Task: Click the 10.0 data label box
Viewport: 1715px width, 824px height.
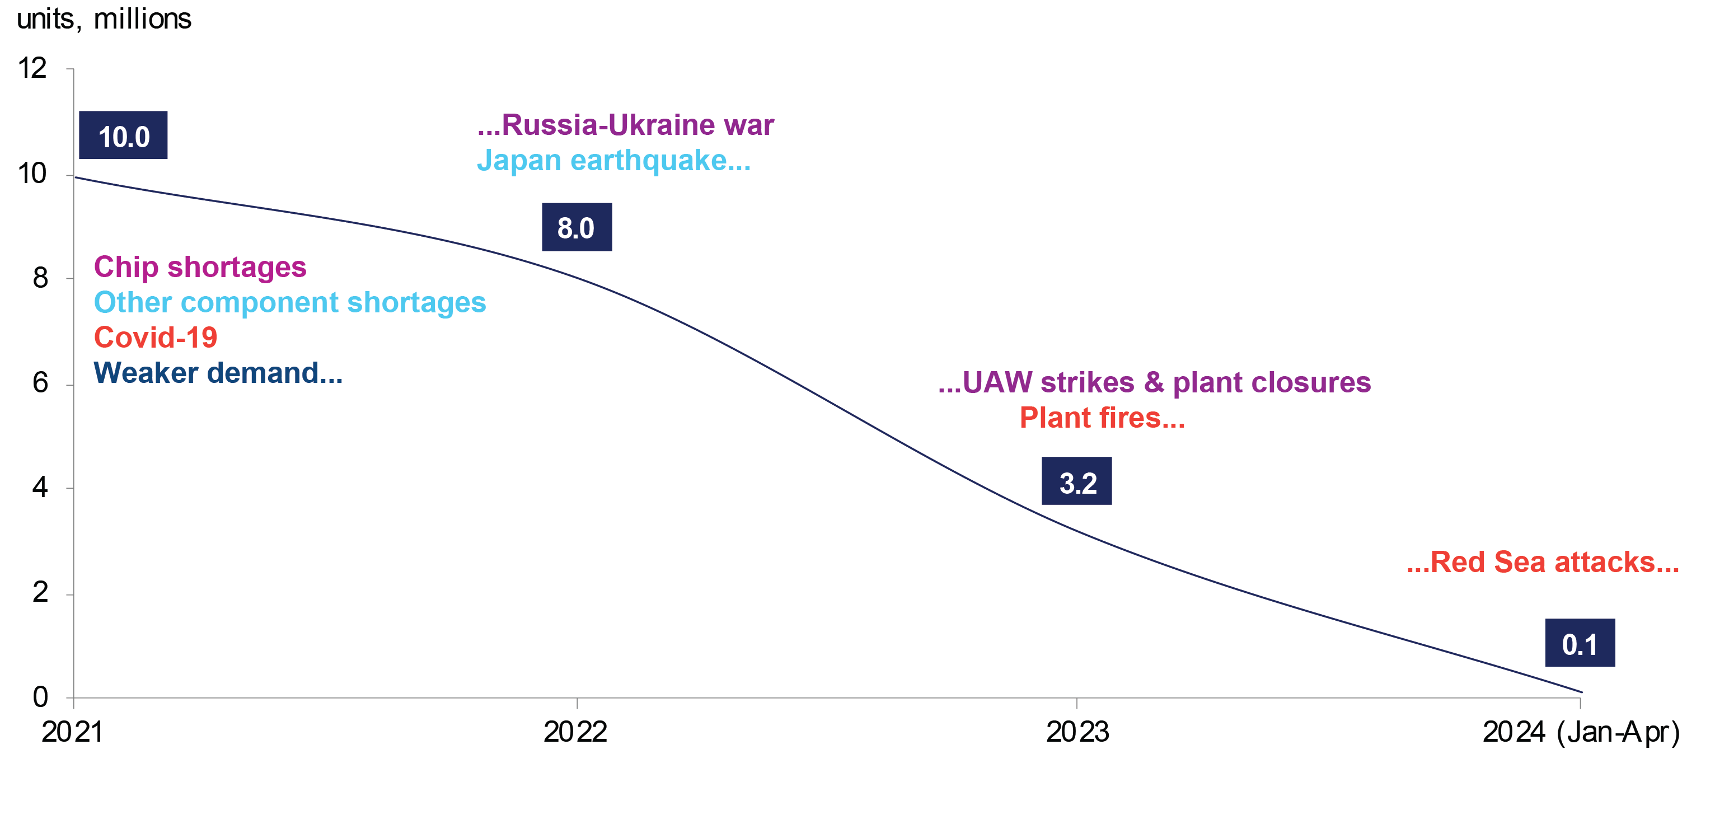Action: [x=123, y=135]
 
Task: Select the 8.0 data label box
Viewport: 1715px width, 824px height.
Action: [x=577, y=227]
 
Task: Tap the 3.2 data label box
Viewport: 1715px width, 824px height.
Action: [x=1076, y=481]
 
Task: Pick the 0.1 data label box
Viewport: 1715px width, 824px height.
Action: [x=1580, y=643]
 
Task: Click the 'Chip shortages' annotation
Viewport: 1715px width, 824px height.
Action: [x=200, y=267]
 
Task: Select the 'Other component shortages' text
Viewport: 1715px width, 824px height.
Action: [x=289, y=302]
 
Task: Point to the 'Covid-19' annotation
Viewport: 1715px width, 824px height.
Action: [x=155, y=338]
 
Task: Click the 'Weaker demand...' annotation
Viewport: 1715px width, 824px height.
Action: [x=218, y=373]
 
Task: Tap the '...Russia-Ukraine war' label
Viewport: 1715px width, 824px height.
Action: [x=625, y=125]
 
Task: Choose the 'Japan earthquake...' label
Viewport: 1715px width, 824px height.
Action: [x=613, y=161]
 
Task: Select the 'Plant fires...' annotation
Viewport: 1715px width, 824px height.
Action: [x=1102, y=418]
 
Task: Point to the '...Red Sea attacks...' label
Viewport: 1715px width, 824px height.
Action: [x=1543, y=563]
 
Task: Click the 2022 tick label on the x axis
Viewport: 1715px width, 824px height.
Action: [x=575, y=732]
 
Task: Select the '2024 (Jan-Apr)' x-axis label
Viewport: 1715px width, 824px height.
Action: [x=1581, y=732]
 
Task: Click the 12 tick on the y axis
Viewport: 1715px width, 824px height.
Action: [x=32, y=68]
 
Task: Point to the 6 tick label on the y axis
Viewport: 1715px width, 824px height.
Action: [x=40, y=383]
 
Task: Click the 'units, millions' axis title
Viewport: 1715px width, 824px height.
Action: [x=104, y=18]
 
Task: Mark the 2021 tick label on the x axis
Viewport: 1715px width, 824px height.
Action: [x=73, y=732]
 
